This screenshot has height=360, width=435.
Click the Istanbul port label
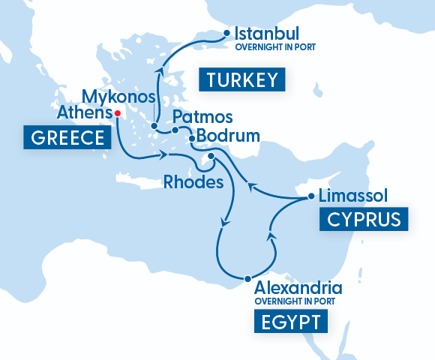267,34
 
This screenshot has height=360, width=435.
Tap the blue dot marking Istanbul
227,34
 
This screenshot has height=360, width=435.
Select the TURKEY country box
242,80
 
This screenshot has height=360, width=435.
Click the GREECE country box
64,138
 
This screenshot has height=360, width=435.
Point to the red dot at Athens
117,113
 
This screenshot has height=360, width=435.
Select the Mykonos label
118,97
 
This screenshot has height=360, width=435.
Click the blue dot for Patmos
174,130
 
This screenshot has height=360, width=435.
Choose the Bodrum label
228,136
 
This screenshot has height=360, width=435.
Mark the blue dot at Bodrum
192,138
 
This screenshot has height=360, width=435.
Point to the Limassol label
352,196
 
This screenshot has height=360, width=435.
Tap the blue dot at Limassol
311,197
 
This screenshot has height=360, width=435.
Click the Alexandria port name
298,288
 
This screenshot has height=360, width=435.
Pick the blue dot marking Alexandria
247,279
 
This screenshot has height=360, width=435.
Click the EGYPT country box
291,322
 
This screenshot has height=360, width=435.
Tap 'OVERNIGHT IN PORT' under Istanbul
274,47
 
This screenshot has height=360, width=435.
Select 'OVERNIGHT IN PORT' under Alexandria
295,301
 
